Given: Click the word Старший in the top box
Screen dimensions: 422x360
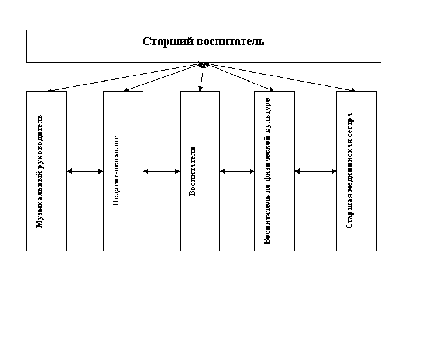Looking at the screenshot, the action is pos(168,42).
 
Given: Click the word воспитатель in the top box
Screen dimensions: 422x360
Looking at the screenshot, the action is pos(231,42).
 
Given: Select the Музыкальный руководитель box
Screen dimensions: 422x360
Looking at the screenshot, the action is pos(46,171).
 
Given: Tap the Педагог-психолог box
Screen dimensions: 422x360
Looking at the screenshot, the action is pos(124,171).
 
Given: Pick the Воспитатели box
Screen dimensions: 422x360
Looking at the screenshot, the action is pos(200,171).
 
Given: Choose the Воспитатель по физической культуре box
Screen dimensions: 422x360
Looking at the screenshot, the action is pos(274,171).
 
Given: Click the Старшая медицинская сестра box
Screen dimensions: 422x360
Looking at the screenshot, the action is pos(356,171).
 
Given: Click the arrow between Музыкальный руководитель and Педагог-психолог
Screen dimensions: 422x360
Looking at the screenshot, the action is pos(85,171).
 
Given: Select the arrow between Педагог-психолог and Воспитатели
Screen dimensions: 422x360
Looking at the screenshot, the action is pos(161,171).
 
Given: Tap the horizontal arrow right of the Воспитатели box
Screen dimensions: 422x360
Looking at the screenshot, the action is pos(237,171).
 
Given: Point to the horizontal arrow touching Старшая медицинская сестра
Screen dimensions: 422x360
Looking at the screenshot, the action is pos(315,171).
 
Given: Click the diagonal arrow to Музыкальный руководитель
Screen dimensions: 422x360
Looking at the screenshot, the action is pos(125,77).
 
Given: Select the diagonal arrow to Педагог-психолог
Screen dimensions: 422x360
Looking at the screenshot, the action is pos(163,77).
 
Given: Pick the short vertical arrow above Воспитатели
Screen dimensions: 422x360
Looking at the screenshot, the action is pos(202,77).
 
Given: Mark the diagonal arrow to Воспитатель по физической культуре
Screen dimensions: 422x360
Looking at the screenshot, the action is pos(239,77).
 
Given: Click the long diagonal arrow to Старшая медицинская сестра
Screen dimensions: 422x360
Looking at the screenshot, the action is pos(280,77).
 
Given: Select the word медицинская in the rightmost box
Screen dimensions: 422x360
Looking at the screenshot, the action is pos(349,161).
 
